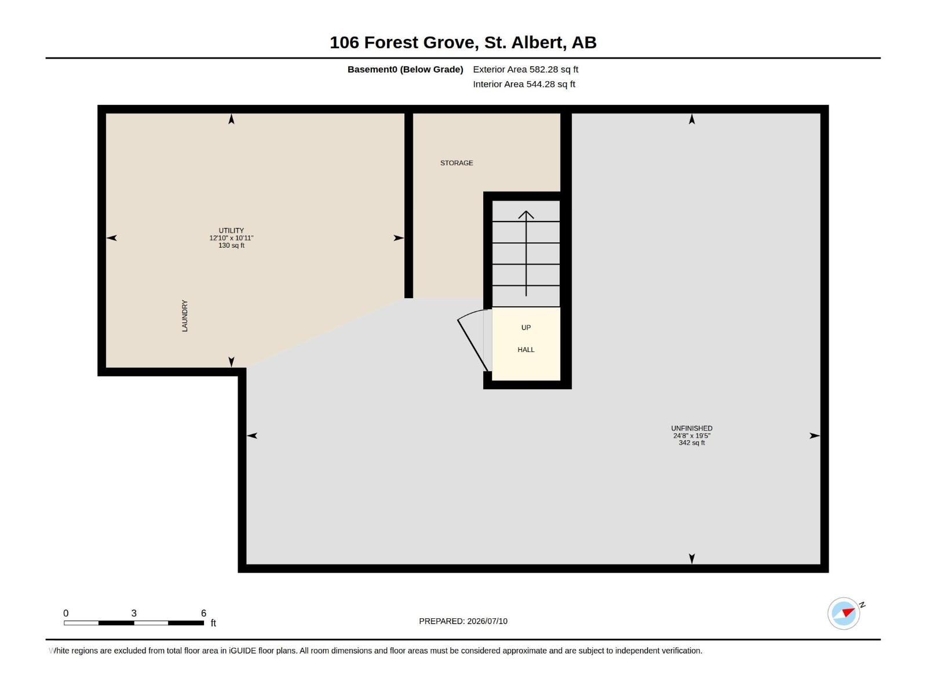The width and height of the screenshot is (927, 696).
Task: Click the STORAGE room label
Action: [x=456, y=163]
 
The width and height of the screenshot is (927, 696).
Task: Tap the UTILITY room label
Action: [x=231, y=230]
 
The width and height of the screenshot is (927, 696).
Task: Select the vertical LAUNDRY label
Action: [x=185, y=316]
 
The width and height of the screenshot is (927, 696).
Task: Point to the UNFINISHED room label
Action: [x=691, y=428]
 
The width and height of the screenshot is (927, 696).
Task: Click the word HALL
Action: [x=526, y=350]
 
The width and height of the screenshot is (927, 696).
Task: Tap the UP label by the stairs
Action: [x=526, y=328]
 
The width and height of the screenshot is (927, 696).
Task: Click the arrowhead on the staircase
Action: [x=526, y=215]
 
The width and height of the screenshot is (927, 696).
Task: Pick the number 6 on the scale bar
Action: [x=203, y=612]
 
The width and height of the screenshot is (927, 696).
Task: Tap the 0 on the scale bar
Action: [x=66, y=612]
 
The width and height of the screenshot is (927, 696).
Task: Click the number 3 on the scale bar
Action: [x=134, y=612]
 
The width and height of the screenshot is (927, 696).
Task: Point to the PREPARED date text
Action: [x=463, y=621]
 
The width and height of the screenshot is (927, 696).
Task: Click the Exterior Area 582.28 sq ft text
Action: [x=525, y=69]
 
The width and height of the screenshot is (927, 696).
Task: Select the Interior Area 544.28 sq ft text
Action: [x=524, y=84]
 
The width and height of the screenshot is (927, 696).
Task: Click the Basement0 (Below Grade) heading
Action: [x=405, y=69]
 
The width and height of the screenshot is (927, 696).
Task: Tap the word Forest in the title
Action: [x=390, y=42]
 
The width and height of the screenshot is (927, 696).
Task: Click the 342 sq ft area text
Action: [x=691, y=443]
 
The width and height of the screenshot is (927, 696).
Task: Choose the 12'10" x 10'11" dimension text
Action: [x=231, y=238]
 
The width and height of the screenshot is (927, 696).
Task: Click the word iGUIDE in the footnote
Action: [x=242, y=650]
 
